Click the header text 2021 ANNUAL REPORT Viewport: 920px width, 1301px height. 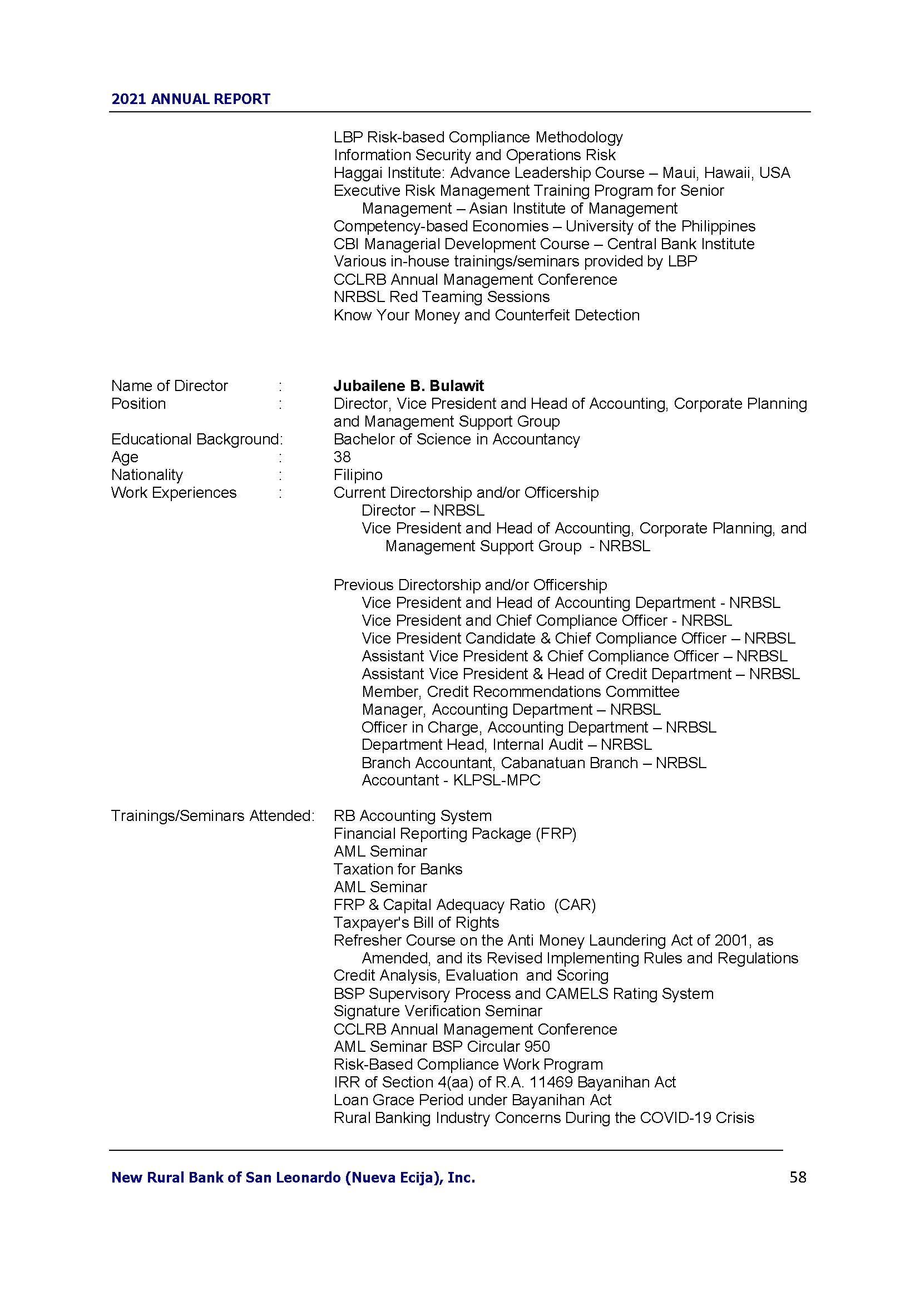pos(191,99)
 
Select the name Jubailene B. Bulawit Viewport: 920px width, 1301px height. pos(408,386)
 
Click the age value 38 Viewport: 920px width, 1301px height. pos(342,457)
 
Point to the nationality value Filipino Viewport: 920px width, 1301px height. pos(358,475)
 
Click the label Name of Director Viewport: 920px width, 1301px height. pos(170,386)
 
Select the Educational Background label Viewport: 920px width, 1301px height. pos(196,439)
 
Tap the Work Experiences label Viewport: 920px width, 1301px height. pos(174,492)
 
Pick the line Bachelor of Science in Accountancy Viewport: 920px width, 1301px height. pos(457,439)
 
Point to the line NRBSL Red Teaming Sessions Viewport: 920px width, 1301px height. pos(441,297)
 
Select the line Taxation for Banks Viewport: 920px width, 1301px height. pos(398,869)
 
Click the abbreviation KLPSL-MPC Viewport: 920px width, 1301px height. pos(497,780)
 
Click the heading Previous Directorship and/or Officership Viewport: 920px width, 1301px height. pos(470,585)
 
